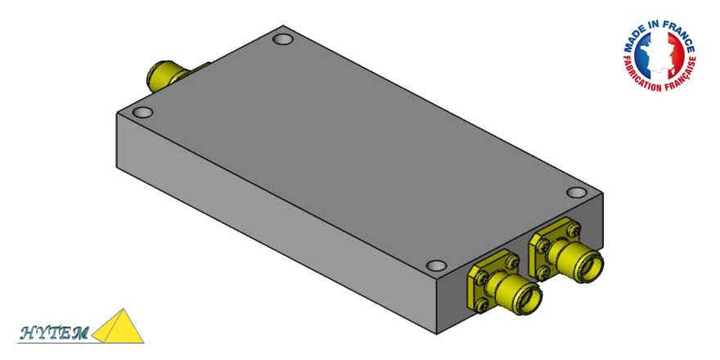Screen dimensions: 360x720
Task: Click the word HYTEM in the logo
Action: point(53,332)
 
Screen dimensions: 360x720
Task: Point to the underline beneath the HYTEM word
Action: point(53,340)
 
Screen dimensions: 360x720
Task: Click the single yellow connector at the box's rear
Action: point(164,75)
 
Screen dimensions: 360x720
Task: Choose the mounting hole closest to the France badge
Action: point(576,193)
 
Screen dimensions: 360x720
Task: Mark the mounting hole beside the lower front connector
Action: point(437,266)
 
